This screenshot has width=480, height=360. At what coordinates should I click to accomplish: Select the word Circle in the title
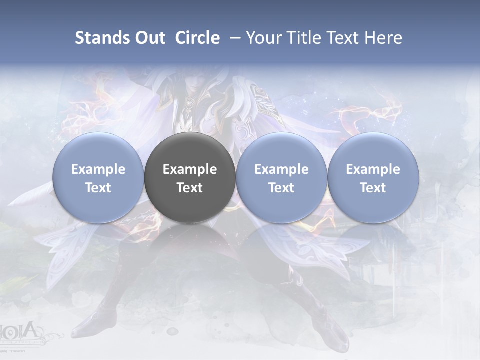point(197,38)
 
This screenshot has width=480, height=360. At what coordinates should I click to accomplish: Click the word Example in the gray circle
point(190,169)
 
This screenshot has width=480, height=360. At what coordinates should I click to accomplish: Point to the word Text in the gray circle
point(190,188)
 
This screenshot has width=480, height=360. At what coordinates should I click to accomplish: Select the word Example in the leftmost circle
point(98,169)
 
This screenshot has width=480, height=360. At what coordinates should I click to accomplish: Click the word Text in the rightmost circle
point(373,188)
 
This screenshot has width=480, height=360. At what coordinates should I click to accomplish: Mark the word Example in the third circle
point(281,169)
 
